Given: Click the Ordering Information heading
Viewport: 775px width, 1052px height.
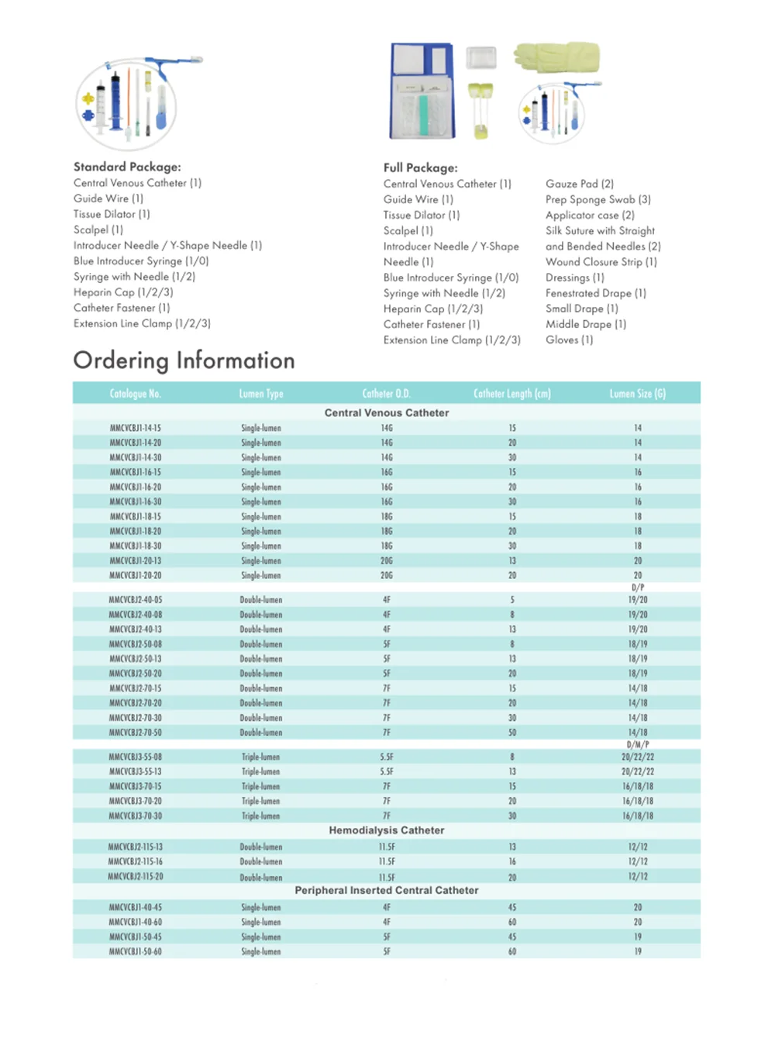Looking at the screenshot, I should click(x=184, y=360).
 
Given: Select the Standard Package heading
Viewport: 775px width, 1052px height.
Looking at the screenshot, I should click(x=127, y=167).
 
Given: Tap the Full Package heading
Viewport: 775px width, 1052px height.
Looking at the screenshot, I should click(x=420, y=167).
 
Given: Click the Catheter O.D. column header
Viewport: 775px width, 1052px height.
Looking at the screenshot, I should click(x=386, y=394).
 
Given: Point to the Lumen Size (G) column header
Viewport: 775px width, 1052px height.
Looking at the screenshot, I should click(x=637, y=394).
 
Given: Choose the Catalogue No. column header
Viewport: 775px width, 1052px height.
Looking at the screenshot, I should click(x=136, y=394).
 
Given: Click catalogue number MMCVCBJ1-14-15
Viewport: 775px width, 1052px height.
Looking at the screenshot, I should click(x=136, y=428).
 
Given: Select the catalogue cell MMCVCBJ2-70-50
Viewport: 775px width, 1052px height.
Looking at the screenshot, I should click(x=136, y=733).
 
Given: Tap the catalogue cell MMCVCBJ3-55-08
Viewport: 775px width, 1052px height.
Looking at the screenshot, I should click(x=136, y=757).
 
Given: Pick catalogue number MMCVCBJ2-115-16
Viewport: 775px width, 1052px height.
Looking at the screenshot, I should click(x=136, y=861).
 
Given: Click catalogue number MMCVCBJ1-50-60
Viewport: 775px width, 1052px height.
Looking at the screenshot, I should click(x=136, y=951).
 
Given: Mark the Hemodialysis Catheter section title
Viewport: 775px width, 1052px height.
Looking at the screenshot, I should click(x=386, y=830).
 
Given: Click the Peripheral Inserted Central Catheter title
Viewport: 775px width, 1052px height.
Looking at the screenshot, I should click(x=386, y=891).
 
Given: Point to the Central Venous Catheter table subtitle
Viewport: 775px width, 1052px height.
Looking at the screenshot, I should click(x=386, y=413).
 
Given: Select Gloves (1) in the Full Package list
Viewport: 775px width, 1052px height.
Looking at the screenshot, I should click(x=569, y=340).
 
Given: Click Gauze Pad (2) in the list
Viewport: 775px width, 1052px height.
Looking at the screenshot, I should click(x=579, y=184).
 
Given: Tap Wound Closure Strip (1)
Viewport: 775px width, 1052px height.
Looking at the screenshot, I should click(x=601, y=262).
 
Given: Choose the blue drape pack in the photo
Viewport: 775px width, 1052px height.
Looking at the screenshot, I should click(x=422, y=91).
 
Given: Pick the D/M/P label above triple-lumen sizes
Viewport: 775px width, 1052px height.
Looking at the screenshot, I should click(x=637, y=744).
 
